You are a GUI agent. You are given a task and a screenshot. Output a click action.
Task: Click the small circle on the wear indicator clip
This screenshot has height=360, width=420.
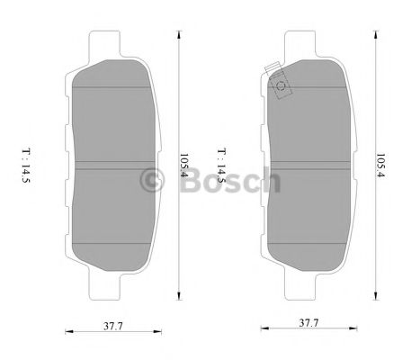(281, 87)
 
